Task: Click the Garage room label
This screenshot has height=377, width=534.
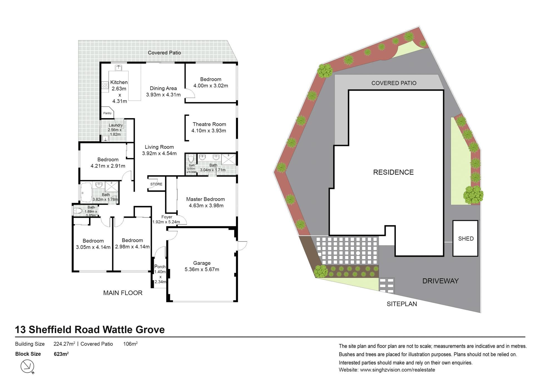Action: coord(202,263)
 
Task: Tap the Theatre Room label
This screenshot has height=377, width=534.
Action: coord(209,124)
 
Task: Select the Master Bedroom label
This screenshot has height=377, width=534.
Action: coord(206,199)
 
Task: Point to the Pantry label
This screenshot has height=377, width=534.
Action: coord(107,113)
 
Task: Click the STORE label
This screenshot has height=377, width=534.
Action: coord(156,184)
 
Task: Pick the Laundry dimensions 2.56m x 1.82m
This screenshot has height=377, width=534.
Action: coord(115,132)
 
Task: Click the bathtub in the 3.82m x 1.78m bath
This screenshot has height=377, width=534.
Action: coord(86,192)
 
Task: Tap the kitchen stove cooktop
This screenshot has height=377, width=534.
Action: coord(105,85)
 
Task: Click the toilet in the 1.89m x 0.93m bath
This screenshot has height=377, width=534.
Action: coord(78,211)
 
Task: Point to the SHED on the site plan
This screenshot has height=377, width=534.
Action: coord(466,238)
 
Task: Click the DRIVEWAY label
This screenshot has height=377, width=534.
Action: coord(440,281)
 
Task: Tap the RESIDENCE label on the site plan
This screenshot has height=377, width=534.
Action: coord(393,172)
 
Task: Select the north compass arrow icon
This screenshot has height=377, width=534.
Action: coord(28,366)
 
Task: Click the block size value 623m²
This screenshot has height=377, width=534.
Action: coord(61,354)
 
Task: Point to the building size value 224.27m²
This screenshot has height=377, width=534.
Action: coord(64,344)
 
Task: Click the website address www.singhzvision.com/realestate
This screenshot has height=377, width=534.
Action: coord(397,370)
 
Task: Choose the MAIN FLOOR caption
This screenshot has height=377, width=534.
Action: coord(123,293)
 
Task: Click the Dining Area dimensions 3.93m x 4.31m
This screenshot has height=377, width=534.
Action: coord(163,95)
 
